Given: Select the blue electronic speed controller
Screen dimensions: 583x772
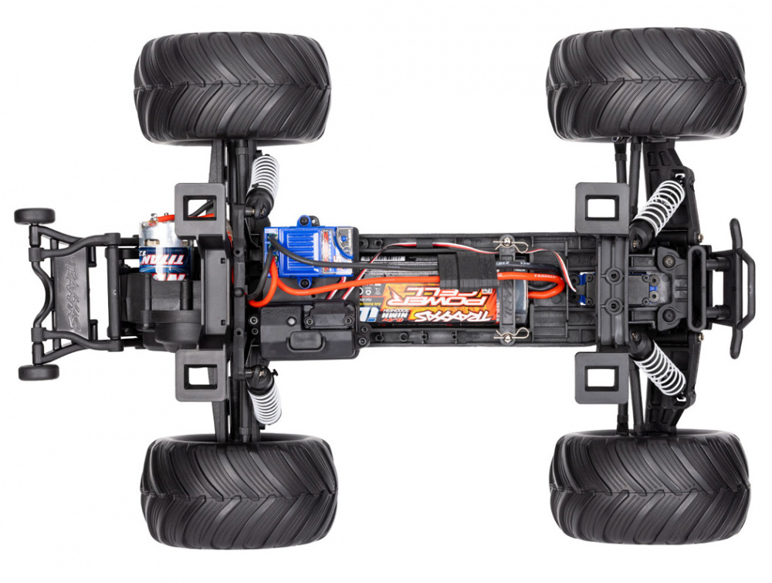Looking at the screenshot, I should tap(309, 246).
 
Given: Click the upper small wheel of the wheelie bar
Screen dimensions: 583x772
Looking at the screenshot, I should tap(35, 216).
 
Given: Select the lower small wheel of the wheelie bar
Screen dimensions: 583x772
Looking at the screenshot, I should tap(39, 372).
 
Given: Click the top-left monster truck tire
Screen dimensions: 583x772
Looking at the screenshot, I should tap(232, 87).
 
